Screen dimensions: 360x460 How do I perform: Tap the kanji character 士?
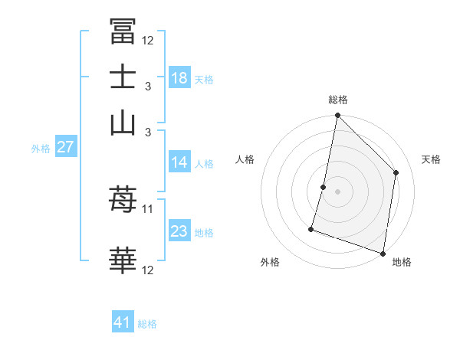coord(123,77)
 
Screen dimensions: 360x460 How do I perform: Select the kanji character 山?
coord(123,123)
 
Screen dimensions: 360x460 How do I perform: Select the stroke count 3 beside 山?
coord(147,133)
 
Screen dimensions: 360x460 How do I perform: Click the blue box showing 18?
coord(179,77)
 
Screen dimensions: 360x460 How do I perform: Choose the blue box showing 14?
coord(179,162)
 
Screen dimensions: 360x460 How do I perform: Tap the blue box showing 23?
coord(179,231)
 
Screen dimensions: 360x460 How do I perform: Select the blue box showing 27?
coord(65,147)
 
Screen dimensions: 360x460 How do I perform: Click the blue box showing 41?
coord(123,322)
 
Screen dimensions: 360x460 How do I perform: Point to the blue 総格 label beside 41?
coord(147,324)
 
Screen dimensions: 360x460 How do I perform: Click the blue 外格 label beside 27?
coord(41,149)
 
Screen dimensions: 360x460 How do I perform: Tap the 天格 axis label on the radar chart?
coord(431,159)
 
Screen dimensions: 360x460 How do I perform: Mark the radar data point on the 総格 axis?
coord(337,116)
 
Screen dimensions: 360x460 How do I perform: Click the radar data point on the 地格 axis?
coord(383,253)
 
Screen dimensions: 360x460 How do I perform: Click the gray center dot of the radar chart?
coord(337,191)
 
